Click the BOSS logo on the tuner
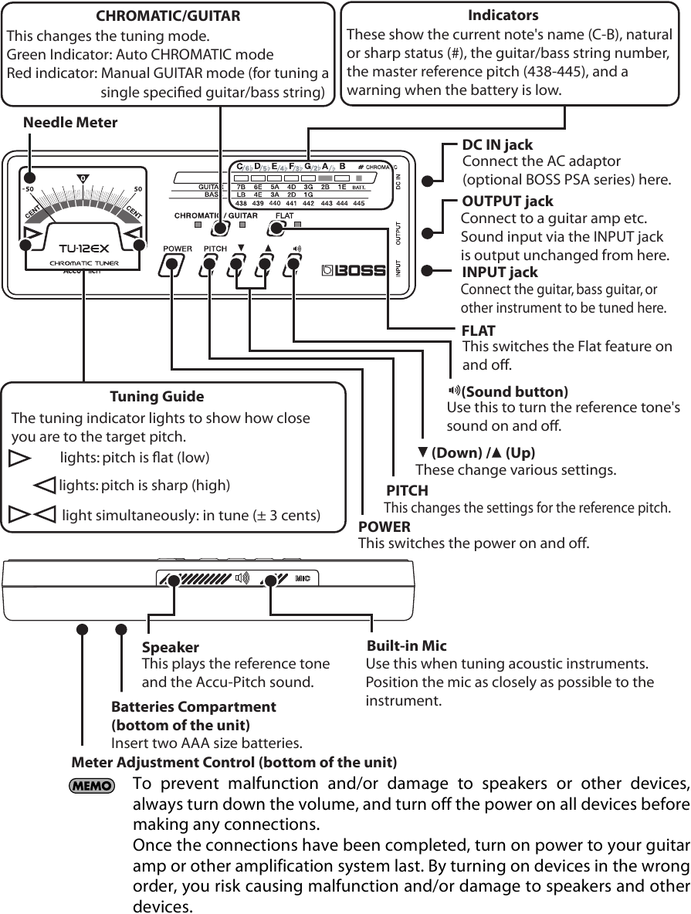(x=353, y=270)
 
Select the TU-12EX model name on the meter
(x=83, y=249)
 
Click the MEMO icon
(x=91, y=786)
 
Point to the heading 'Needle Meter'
(x=70, y=122)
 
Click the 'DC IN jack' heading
(x=496, y=144)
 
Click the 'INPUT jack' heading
(x=500, y=272)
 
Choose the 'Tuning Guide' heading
(x=157, y=397)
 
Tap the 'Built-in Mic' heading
(x=406, y=645)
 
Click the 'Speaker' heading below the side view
(x=171, y=647)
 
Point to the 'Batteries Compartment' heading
(x=193, y=707)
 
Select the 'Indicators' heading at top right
(x=503, y=15)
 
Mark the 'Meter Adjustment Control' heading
(x=234, y=763)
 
